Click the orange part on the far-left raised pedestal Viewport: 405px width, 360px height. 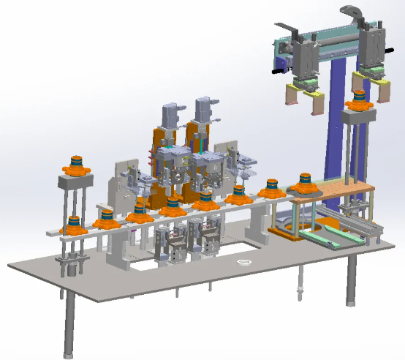point(75,167)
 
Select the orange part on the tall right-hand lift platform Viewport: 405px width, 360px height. point(358,103)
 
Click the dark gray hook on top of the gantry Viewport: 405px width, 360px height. point(355,12)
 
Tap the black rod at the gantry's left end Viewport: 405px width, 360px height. point(276,72)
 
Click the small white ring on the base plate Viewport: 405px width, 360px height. point(242,262)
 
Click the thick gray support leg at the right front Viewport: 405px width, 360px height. point(352,278)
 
